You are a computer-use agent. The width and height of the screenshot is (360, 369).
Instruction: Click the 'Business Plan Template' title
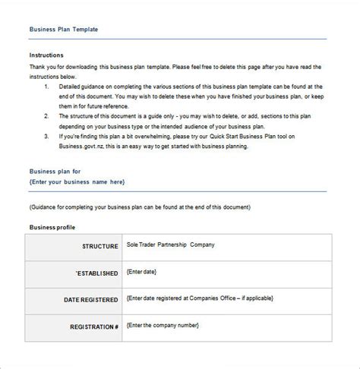pos(63,30)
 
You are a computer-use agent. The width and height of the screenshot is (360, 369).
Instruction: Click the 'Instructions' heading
pos(46,55)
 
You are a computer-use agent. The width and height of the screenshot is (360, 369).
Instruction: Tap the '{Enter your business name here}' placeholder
pos(76,182)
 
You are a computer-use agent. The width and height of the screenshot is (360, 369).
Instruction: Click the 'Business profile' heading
pos(52,227)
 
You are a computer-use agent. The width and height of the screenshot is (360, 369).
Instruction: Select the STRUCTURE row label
pos(96,246)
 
